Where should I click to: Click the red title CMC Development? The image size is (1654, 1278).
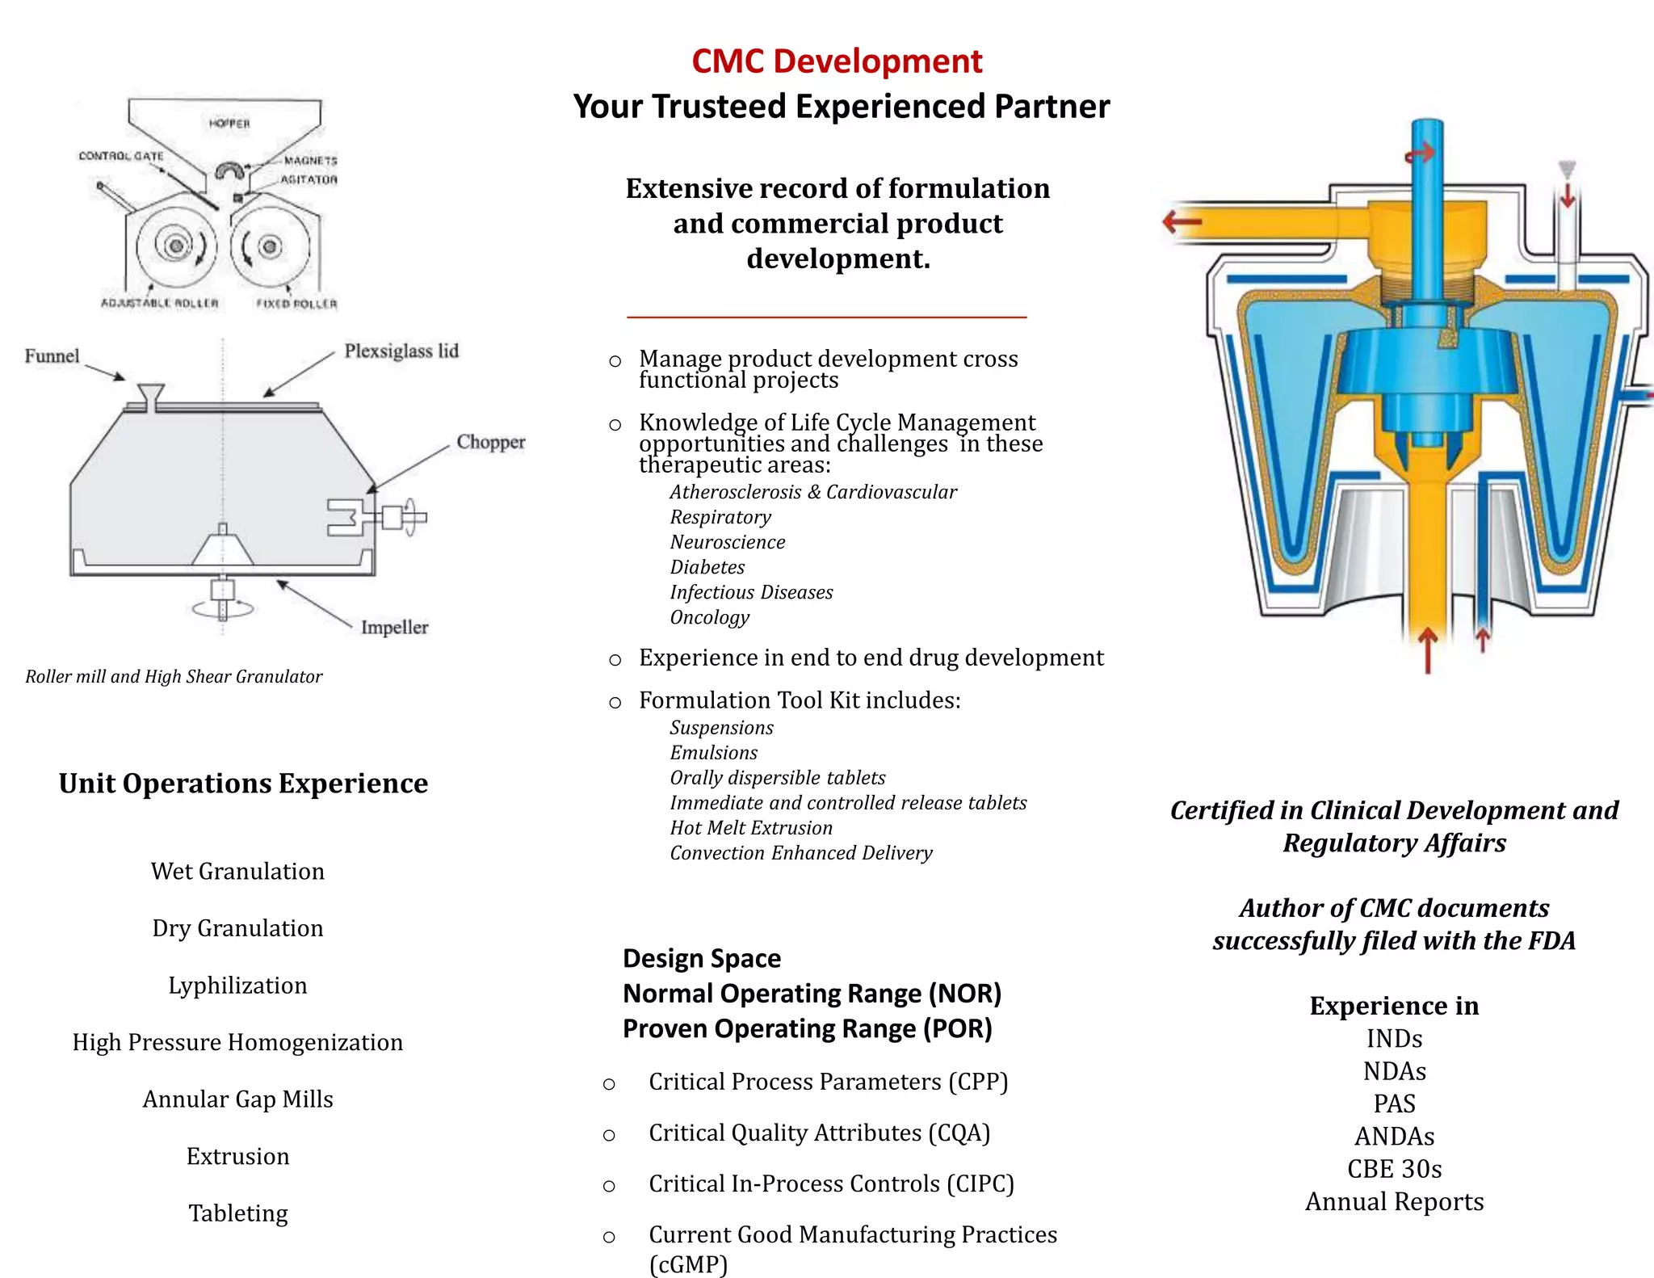click(837, 61)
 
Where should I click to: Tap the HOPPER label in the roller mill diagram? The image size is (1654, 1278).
click(229, 124)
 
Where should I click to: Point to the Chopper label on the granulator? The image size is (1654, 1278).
click(490, 442)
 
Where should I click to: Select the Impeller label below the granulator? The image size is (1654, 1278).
click(394, 628)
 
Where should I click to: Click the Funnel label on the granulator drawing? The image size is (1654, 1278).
click(52, 356)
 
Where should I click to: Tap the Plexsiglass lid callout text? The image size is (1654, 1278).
click(401, 351)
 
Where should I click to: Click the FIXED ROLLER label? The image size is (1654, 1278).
click(296, 304)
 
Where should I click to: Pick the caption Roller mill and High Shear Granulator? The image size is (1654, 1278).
click(174, 677)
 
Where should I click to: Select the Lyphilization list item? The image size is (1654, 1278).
click(237, 986)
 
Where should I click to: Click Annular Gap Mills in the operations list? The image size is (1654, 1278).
click(237, 1099)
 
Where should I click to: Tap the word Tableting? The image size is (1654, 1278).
click(237, 1213)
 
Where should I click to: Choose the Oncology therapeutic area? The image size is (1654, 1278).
click(709, 617)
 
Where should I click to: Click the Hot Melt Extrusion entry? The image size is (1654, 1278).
click(750, 828)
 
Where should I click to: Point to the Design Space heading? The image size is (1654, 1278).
click(702, 958)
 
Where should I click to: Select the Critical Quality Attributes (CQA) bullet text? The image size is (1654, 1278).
click(819, 1133)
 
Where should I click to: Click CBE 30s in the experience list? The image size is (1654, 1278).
click(1394, 1169)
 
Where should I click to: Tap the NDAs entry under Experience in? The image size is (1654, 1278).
click(1394, 1071)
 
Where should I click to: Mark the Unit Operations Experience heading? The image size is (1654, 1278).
click(243, 784)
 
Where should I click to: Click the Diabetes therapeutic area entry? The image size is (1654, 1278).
click(707, 567)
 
